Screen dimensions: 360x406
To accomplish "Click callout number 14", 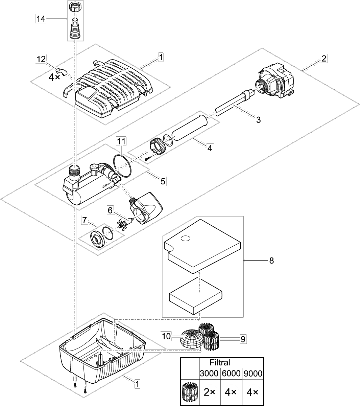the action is pos(41,19).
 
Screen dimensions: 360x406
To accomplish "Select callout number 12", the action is pos(41,59).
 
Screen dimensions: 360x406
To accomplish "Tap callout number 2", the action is pos(324,58).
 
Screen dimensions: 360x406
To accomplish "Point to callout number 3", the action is pos(259,120).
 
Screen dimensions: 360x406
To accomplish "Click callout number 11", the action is pos(121,141).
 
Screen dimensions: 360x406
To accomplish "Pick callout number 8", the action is pos(271,261).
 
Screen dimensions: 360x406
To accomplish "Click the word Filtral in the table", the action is pos(220,362).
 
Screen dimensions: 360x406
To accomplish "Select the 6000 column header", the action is pos(231,373).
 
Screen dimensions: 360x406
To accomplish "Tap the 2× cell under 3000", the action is pos(210,392).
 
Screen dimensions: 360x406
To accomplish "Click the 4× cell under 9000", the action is pos(252,392).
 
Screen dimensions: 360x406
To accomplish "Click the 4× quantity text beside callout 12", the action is pos(54,77).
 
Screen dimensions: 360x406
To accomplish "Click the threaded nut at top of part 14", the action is pos(75,7).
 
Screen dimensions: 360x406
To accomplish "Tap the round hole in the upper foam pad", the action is pos(185,238).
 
